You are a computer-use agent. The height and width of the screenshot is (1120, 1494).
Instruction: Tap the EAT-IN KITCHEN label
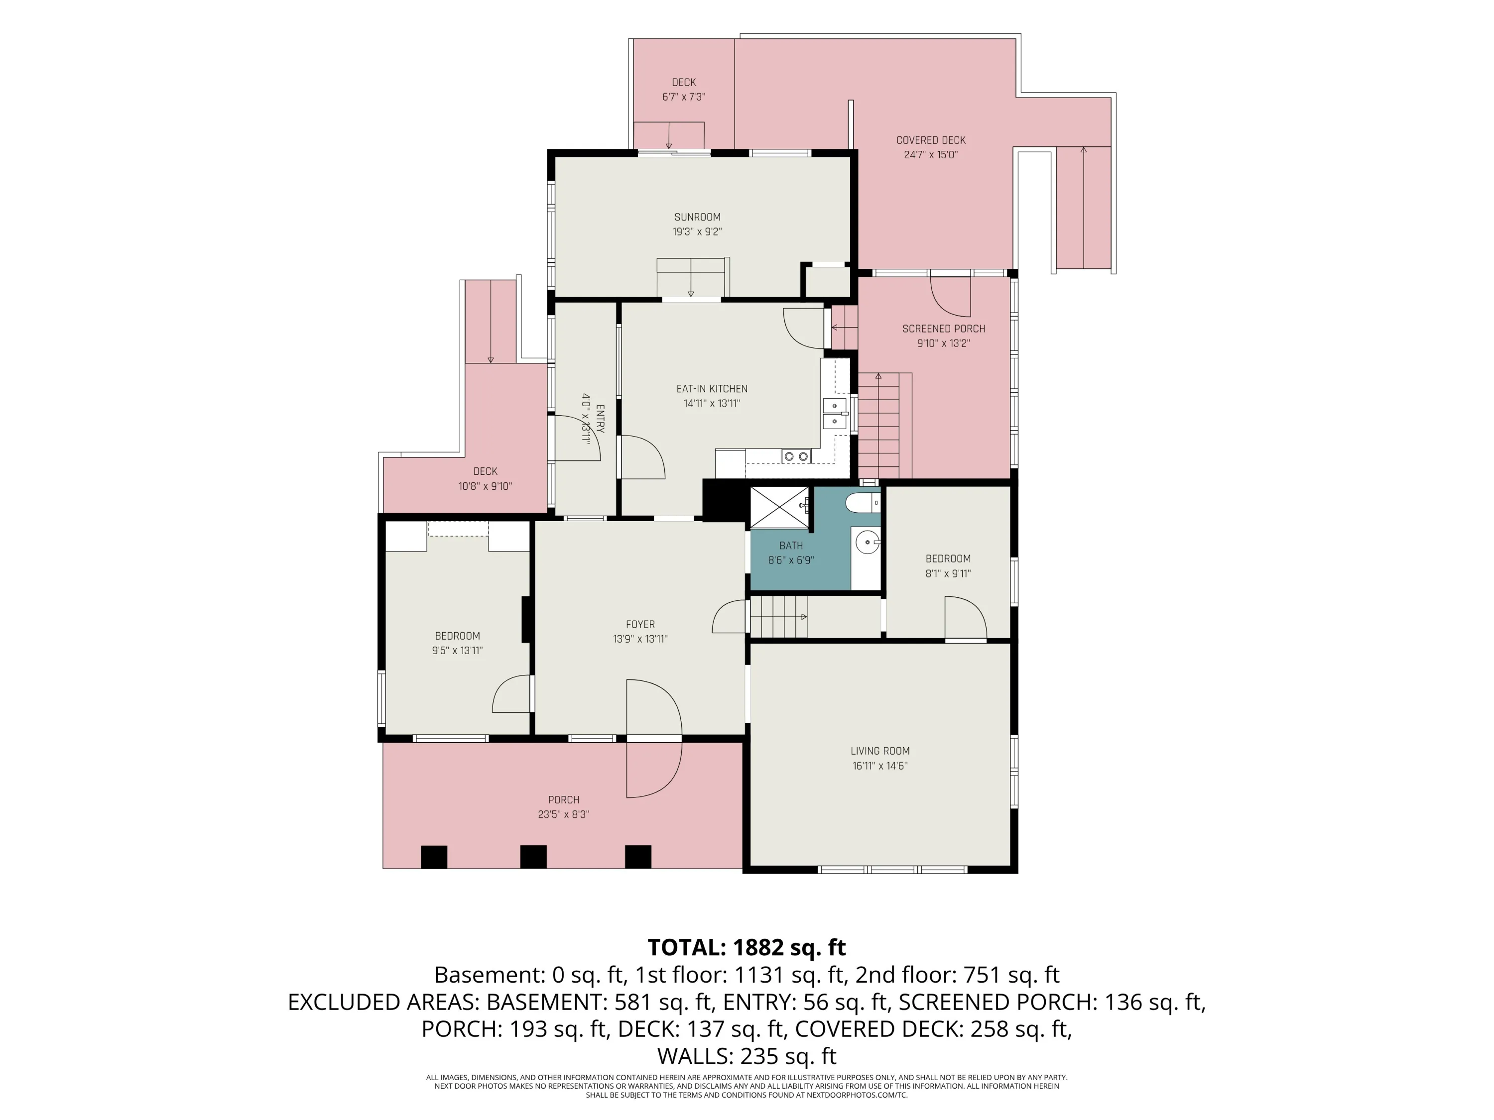pos(712,389)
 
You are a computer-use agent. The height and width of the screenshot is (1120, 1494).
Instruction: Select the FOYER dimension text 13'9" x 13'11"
pos(640,639)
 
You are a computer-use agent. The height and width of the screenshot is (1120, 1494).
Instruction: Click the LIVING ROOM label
pos(880,751)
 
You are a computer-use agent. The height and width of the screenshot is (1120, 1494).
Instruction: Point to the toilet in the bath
pos(863,503)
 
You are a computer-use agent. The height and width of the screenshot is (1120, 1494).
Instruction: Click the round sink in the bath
pos(867,542)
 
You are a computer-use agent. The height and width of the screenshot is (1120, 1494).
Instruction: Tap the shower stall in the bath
pos(779,507)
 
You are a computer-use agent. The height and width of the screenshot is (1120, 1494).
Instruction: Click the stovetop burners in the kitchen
pos(796,456)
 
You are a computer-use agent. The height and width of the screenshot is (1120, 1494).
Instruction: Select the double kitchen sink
pos(835,413)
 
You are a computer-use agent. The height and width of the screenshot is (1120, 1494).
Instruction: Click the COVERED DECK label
pos(931,140)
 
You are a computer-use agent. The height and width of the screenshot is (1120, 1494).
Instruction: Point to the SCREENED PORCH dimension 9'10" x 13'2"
pos(944,343)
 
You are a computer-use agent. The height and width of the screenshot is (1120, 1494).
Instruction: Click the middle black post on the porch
pos(533,857)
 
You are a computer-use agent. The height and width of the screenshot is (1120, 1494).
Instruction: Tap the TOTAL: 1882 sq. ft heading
pos(747,947)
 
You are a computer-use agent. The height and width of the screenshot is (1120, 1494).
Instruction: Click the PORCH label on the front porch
pos(563,800)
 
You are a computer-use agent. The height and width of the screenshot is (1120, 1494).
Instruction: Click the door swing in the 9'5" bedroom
pos(511,693)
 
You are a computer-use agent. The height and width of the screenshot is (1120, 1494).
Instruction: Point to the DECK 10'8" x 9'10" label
pos(486,479)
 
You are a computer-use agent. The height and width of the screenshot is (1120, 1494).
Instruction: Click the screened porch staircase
pos(878,425)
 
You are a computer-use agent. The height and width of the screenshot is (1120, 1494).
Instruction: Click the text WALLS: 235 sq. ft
pos(747,1055)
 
